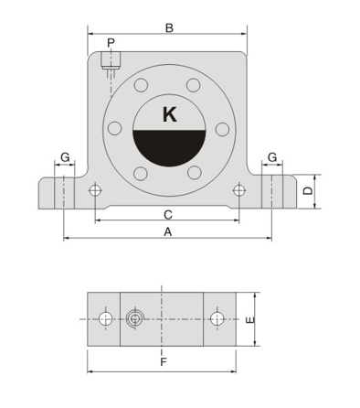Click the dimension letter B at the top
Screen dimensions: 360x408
[x=169, y=27]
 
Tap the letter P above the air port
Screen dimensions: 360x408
[x=111, y=43]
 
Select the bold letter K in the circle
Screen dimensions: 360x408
[x=170, y=114]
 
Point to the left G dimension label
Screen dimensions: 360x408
[x=65, y=157]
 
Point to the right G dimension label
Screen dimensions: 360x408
[x=272, y=157]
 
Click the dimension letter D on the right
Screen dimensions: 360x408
[x=308, y=191]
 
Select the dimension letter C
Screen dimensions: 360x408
[x=168, y=215]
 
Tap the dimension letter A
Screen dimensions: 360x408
[x=168, y=232]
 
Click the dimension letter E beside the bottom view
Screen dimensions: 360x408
[x=249, y=320]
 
